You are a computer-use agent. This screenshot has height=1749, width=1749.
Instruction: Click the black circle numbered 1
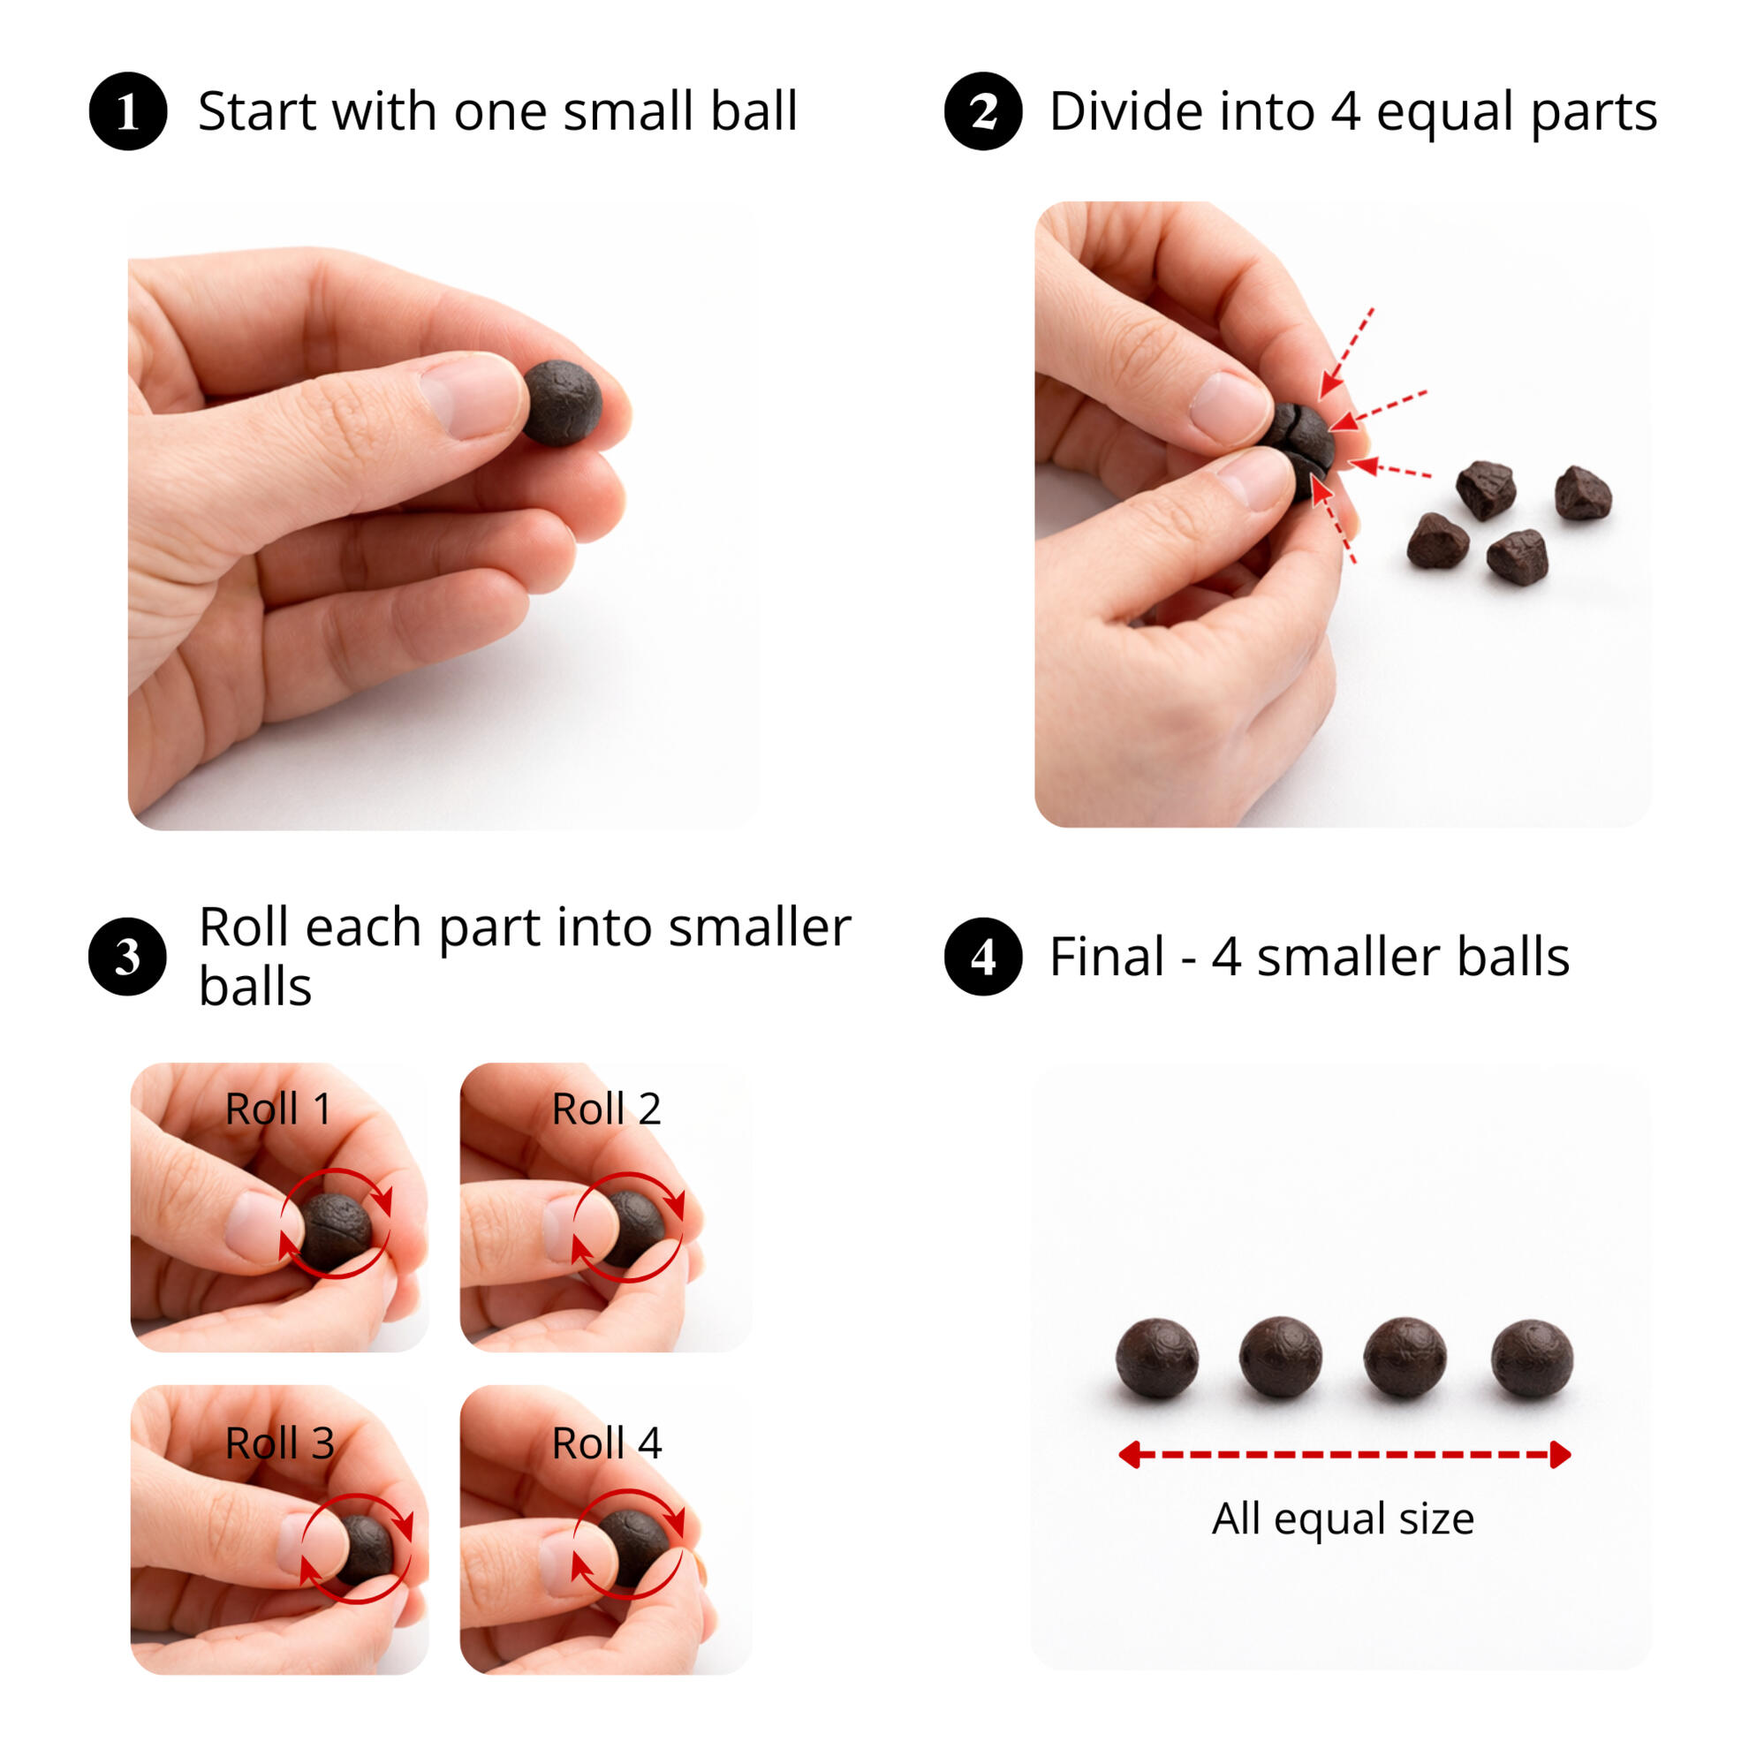128,111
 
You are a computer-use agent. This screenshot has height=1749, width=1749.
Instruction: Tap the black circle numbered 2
983,111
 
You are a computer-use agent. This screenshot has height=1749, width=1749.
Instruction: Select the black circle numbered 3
128,956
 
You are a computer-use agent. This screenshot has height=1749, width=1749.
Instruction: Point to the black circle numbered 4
983,956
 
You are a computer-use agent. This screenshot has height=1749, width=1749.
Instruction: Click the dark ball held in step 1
562,403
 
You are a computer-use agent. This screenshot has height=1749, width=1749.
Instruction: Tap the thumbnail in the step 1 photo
471,397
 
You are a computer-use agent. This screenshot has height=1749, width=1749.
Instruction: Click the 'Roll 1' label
278,1109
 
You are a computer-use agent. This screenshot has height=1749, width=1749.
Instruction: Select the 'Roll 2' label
607,1109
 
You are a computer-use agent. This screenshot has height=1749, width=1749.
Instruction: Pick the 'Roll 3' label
280,1443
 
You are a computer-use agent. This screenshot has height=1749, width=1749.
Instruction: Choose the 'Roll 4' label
607,1443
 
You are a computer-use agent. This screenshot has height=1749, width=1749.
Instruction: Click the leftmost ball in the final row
1157,1358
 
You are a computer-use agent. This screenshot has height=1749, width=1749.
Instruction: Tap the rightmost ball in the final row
1532,1358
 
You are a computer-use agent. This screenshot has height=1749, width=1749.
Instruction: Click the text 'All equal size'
1344,1519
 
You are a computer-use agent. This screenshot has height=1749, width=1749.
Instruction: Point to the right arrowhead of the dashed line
1560,1455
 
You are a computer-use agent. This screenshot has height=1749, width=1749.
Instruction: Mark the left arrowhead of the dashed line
1130,1455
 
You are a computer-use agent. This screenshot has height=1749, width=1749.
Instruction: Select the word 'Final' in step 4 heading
1107,956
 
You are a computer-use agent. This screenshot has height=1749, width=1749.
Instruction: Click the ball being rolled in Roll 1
334,1231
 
